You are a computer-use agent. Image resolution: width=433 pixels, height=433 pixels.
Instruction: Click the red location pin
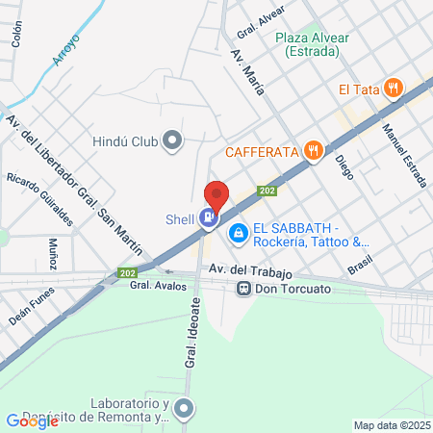(216, 196)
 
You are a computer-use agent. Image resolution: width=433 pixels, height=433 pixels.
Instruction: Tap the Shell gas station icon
(207, 218)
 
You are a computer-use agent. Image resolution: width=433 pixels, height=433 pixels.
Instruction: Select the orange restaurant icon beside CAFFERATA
(312, 150)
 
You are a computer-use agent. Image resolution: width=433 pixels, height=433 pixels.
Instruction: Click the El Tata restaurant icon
(392, 89)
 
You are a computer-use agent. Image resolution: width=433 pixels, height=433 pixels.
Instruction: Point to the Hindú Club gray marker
(172, 141)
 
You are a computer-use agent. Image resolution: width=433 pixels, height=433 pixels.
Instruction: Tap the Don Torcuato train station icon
(245, 287)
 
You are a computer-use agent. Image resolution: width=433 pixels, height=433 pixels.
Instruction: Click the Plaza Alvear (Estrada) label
(311, 45)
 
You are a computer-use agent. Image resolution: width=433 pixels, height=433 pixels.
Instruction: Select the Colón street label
(16, 36)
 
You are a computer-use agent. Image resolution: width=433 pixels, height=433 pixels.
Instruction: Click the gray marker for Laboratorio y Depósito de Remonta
(185, 412)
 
